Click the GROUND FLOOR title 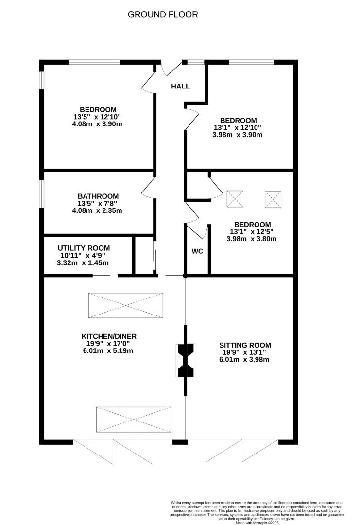tap(163, 14)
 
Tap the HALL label tap(180, 87)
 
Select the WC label tap(197, 251)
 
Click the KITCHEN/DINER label tap(109, 336)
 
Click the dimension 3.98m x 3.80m tap(251, 239)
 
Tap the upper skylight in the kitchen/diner tap(125, 305)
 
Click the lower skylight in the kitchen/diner tap(133, 419)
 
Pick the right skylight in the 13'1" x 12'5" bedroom tap(273, 199)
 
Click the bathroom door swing tap(148, 188)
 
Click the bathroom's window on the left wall tap(42, 193)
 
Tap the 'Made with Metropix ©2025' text tap(257, 522)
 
